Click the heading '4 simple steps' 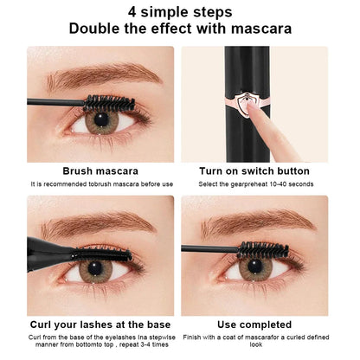[179, 13]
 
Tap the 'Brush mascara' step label [96, 170]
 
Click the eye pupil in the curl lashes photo [91, 271]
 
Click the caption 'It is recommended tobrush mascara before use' [96, 184]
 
